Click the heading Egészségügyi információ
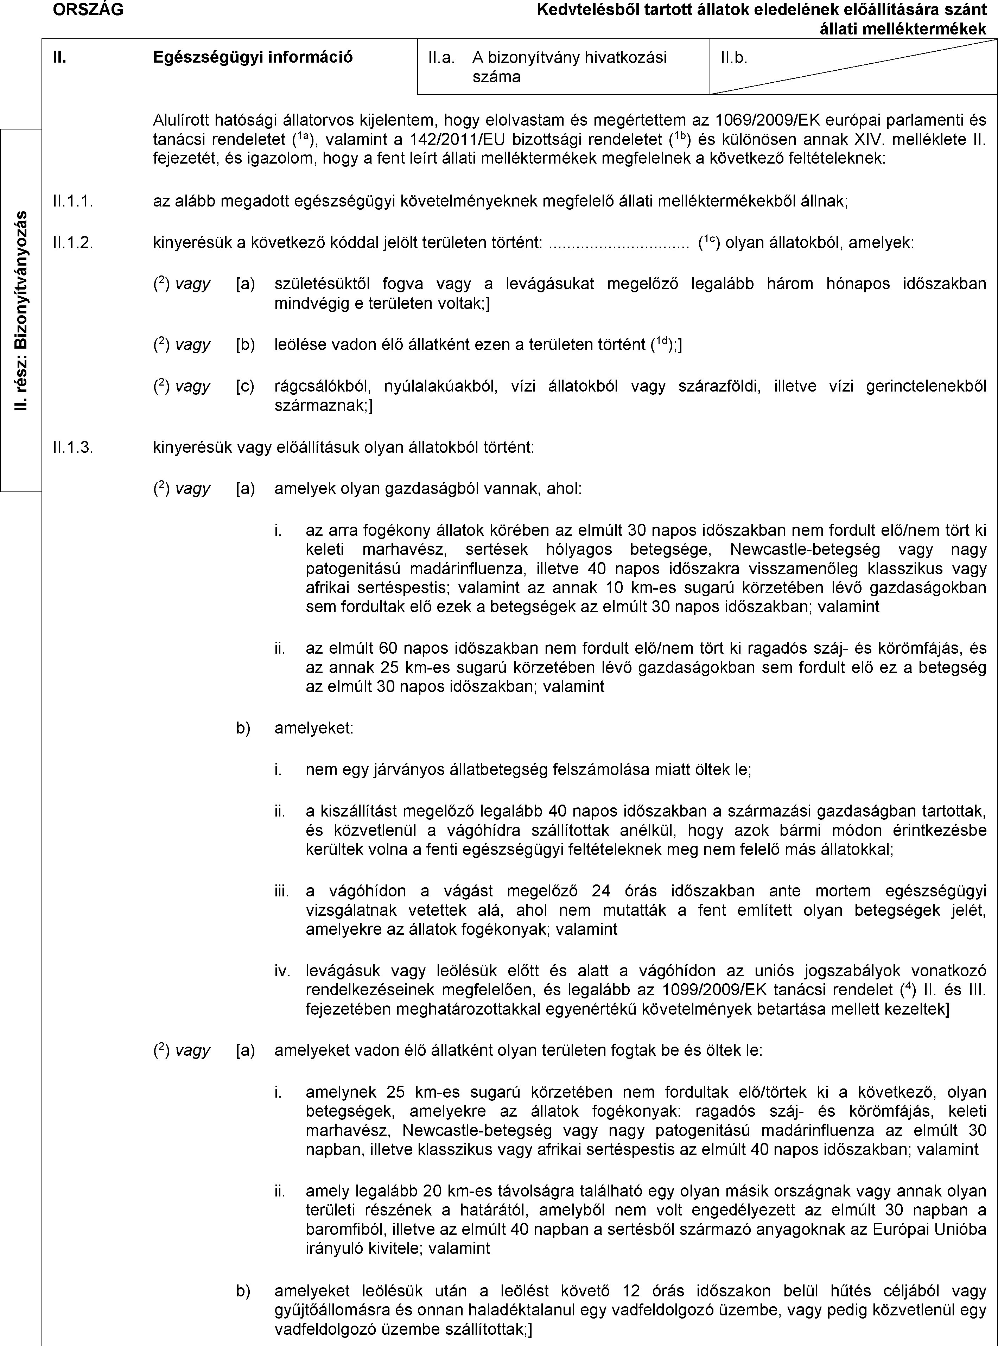(x=253, y=57)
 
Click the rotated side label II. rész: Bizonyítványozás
(x=22, y=311)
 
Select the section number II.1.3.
(x=73, y=447)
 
